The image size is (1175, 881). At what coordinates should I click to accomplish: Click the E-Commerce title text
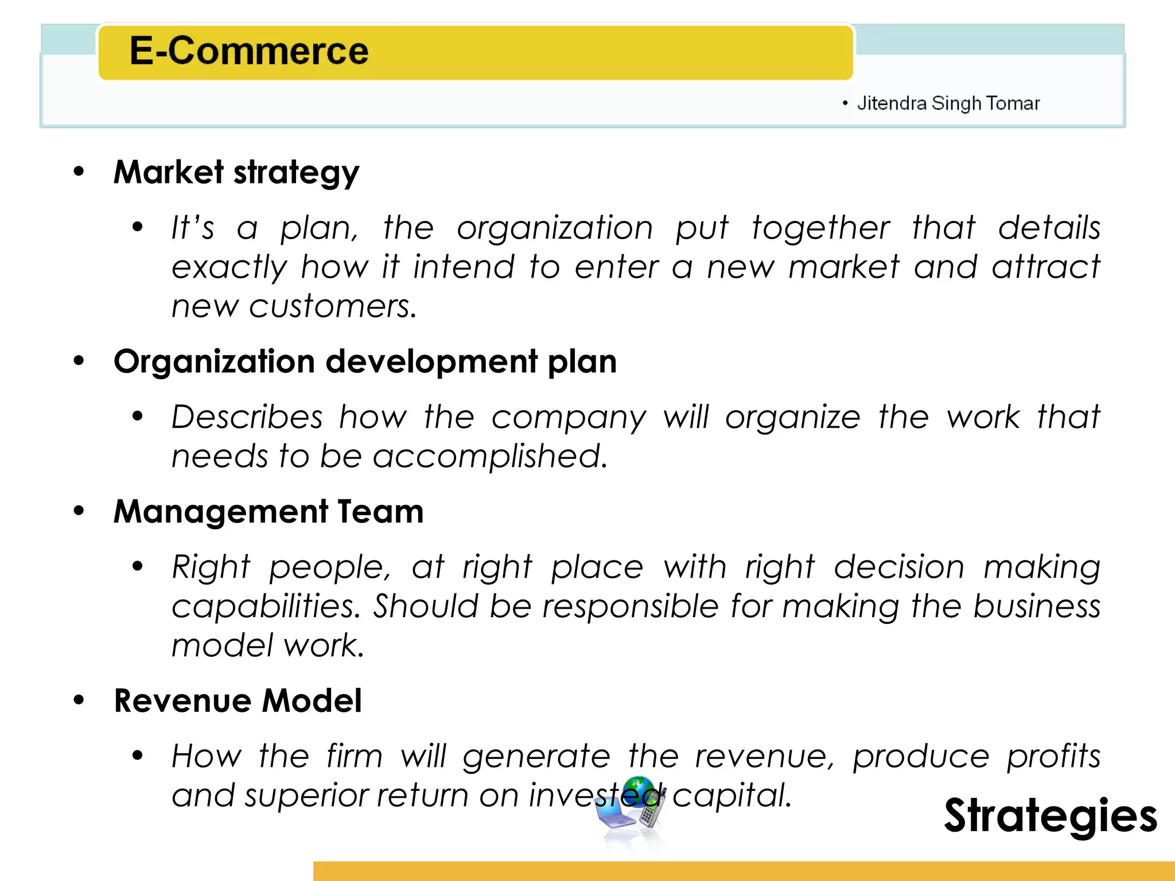coord(248,51)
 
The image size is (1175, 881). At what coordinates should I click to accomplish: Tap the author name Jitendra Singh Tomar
coord(948,103)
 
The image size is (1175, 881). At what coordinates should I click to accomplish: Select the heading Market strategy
coord(236,172)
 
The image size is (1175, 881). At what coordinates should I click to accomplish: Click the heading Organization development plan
coord(365,362)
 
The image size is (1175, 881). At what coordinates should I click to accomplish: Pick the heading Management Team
coord(269,512)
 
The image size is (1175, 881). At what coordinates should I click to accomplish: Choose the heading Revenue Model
coord(238,701)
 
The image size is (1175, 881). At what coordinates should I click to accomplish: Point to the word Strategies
coord(1050,816)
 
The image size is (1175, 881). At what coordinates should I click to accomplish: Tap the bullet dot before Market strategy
coord(79,171)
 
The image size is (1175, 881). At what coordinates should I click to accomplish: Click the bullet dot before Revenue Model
coord(79,700)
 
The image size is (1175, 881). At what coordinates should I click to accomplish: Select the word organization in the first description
coord(555,228)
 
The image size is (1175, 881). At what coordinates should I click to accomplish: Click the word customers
coord(333,306)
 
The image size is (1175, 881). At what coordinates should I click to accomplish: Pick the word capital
coord(732,796)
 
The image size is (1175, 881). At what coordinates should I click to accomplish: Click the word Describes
coord(247,417)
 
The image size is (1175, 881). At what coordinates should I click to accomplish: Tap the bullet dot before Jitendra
coord(845,103)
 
